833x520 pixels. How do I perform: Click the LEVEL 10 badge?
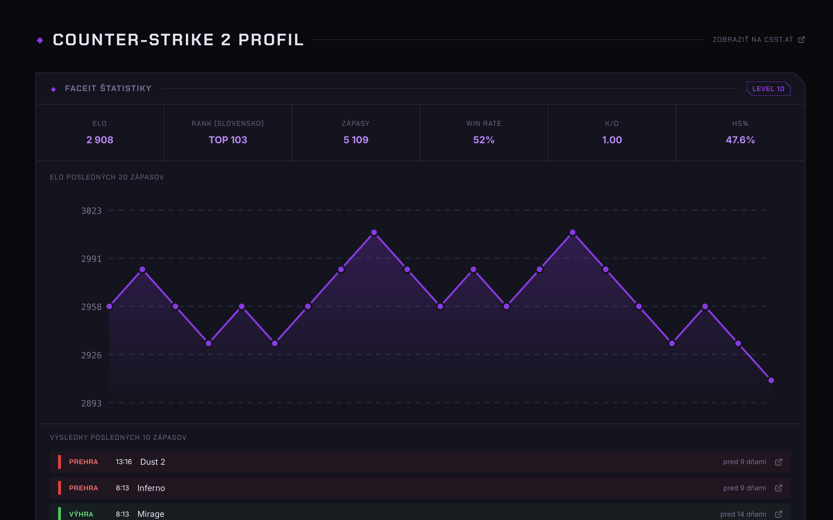(x=768, y=89)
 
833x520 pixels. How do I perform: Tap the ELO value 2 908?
(x=100, y=140)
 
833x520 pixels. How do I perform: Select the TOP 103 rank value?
(x=228, y=140)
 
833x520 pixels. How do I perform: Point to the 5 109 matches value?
(x=356, y=140)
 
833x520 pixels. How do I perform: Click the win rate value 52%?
(x=484, y=140)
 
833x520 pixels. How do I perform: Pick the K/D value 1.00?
(x=612, y=140)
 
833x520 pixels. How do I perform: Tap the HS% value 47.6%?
(x=740, y=140)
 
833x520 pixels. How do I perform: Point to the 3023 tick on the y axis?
(x=91, y=211)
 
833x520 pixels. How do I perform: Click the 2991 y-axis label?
(x=91, y=259)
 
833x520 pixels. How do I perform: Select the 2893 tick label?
(x=91, y=403)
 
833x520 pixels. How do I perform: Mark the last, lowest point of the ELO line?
(x=771, y=380)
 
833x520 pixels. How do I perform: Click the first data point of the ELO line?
(x=109, y=307)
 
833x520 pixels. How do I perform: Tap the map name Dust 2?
(x=152, y=462)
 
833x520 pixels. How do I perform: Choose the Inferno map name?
(x=151, y=488)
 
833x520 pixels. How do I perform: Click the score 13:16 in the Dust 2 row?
(x=123, y=462)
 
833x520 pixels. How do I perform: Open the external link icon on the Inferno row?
(x=779, y=488)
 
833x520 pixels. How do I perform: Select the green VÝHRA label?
(x=81, y=514)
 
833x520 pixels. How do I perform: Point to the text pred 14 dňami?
(x=743, y=514)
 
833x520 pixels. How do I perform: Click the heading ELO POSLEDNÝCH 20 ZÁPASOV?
(x=107, y=177)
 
